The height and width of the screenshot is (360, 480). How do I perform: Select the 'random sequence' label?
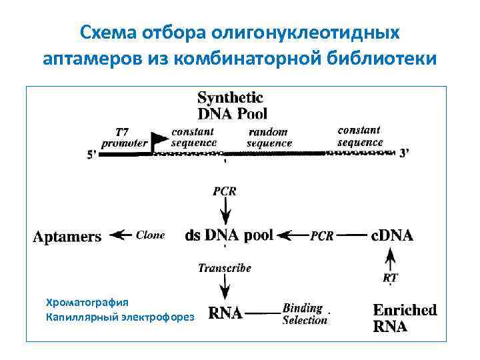(269, 137)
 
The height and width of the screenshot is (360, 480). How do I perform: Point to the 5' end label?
(93, 155)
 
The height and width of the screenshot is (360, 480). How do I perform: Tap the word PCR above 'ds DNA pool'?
(224, 191)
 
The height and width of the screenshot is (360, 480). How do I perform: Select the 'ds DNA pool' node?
(229, 235)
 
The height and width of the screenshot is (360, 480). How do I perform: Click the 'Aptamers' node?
(67, 236)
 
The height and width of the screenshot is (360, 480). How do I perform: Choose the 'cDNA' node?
(392, 235)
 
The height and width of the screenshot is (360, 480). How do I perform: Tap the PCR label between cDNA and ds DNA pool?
(322, 235)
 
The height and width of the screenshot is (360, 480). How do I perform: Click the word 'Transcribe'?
(225, 268)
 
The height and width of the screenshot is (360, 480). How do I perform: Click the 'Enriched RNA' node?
(405, 318)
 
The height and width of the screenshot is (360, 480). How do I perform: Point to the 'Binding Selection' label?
(305, 314)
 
